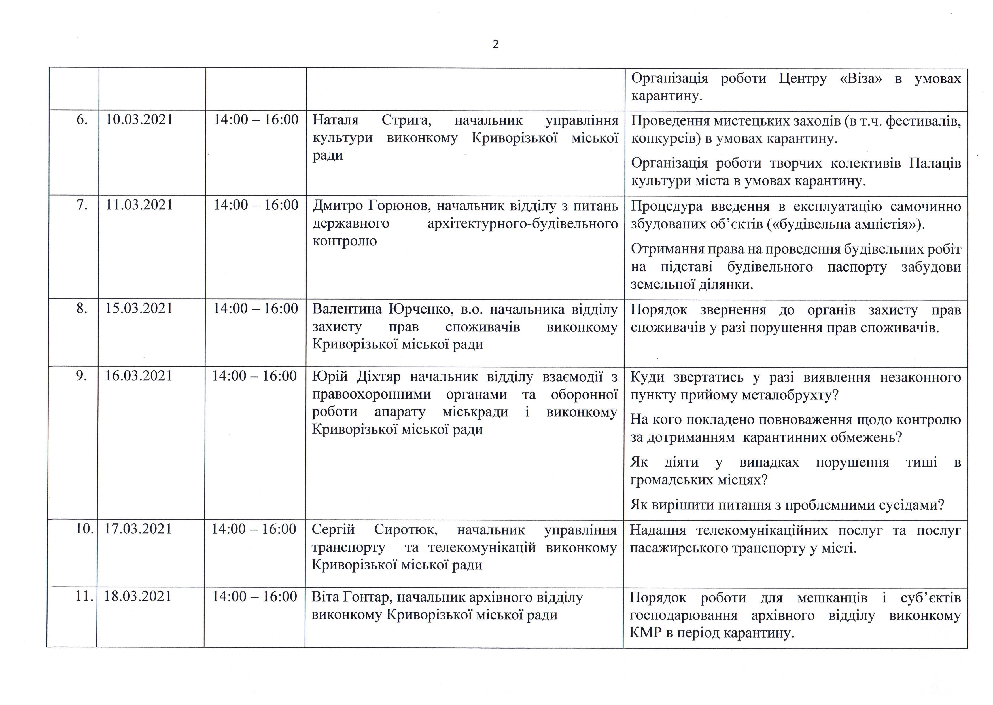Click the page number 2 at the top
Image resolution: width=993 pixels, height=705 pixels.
[496, 45]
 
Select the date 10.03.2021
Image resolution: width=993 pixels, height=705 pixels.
[139, 120]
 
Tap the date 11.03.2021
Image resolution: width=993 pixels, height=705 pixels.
[139, 205]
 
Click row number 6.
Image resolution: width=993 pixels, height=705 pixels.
[82, 120]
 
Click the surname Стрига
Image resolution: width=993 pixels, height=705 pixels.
[406, 120]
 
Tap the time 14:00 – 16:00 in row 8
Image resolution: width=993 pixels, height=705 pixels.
[255, 309]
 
